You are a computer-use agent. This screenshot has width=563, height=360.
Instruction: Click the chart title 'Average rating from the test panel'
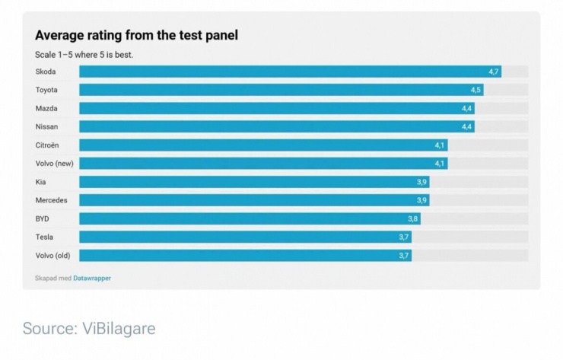pos(136,35)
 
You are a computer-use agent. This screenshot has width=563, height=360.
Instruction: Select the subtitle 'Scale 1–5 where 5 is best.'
pos(84,55)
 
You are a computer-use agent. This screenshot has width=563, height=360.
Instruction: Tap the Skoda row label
pos(46,72)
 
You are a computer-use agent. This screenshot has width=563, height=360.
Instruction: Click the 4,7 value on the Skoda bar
pos(493,72)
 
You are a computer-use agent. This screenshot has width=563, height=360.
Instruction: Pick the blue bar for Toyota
pos(281,90)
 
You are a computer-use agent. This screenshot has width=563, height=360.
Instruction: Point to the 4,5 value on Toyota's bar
pos(476,90)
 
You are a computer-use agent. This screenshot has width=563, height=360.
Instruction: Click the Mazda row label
pos(46,108)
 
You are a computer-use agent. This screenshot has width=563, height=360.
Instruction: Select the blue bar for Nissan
pos(277,126)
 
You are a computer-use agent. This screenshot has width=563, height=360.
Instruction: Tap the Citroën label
pos(47,145)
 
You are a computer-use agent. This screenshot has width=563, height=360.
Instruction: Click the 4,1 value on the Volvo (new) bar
pos(440,164)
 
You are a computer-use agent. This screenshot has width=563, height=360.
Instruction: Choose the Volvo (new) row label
pos(54,164)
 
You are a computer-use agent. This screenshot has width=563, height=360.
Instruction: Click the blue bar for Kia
pos(254,182)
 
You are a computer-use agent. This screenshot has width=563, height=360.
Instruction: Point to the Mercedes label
pos(51,200)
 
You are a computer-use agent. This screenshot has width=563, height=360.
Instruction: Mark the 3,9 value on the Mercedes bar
pos(421,200)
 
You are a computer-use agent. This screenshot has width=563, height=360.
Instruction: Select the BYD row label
pos(42,218)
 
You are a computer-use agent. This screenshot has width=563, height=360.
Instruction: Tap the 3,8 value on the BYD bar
pos(412,218)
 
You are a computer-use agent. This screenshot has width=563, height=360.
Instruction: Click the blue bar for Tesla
pos(245,237)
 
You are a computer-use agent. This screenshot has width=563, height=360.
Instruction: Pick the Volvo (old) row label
pos(52,256)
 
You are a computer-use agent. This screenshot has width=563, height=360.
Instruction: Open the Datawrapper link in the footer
pos(92,278)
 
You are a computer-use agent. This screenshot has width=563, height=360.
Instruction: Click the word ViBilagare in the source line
pos(119,328)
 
